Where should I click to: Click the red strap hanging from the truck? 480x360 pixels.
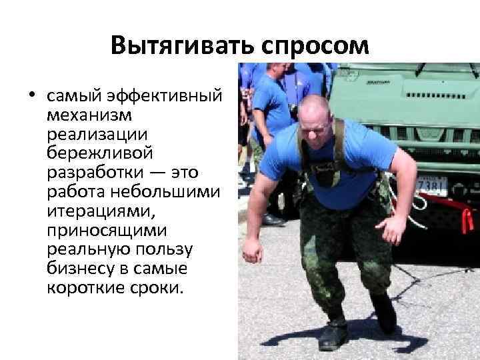[x=463, y=217]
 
